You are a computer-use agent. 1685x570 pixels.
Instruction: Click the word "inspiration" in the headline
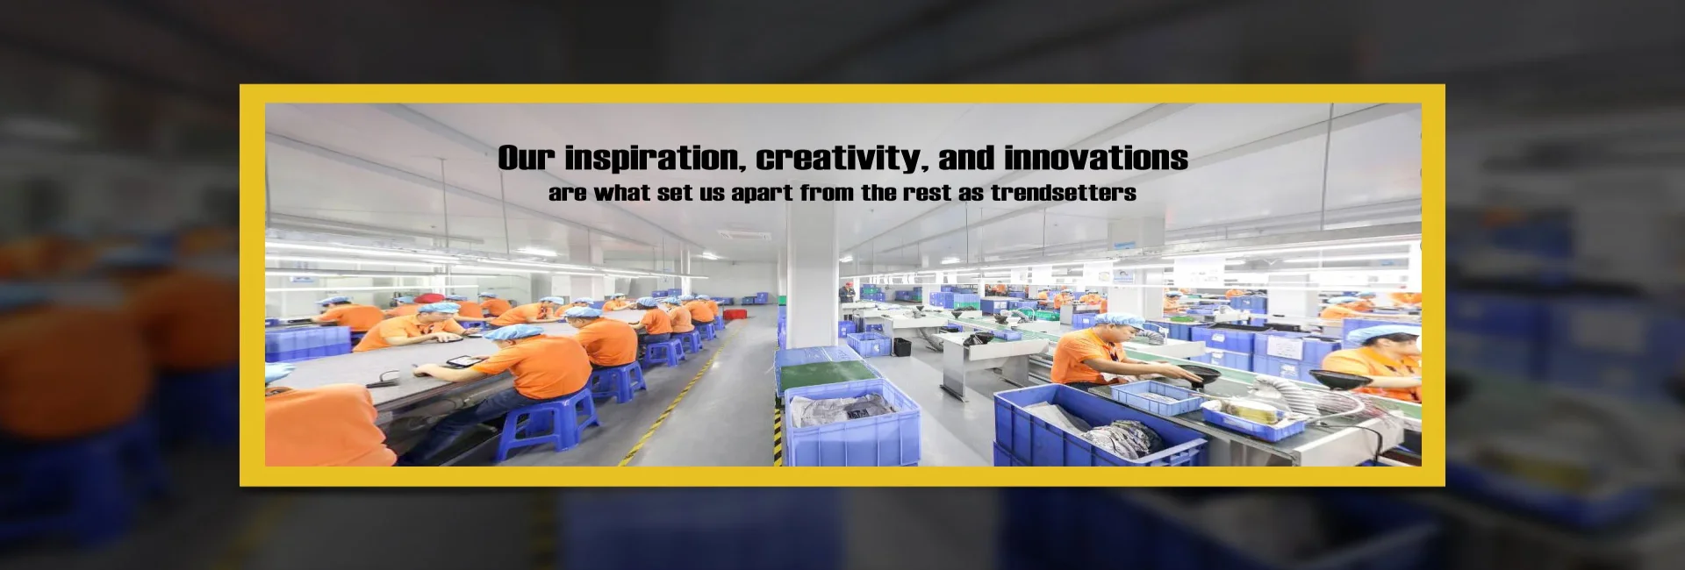(x=656, y=158)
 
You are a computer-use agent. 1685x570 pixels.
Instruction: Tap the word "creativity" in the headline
(x=841, y=158)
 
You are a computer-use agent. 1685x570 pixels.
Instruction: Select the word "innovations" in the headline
(x=1096, y=158)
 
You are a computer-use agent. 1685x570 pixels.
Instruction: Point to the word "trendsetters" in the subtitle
(x=1064, y=193)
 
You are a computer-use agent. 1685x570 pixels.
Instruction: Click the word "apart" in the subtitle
(x=763, y=194)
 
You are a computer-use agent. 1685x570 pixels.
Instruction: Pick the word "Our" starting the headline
(x=527, y=158)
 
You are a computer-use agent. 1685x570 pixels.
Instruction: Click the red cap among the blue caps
(x=428, y=298)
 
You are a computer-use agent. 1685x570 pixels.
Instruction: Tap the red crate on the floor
(x=734, y=313)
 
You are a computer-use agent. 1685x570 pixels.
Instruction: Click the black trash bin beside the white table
(x=901, y=347)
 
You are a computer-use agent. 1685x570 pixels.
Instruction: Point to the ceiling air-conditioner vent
(x=744, y=235)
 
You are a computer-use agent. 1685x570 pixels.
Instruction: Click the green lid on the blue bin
(x=829, y=374)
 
